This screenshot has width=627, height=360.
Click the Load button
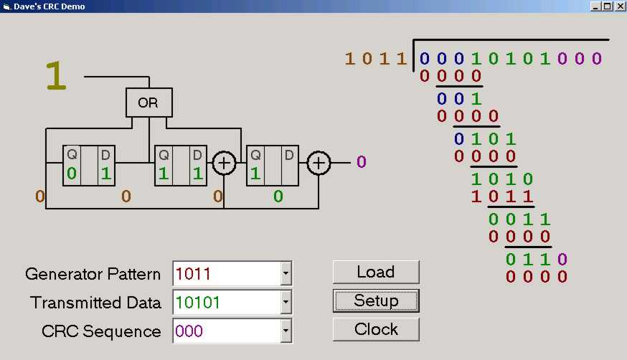pos(376,272)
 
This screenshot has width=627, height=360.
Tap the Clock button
pos(376,329)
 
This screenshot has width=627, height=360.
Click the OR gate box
pos(148,103)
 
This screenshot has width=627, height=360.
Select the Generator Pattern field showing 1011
pos(227,273)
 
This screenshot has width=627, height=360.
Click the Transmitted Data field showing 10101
pos(227,303)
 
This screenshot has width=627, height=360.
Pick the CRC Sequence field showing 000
pos(227,331)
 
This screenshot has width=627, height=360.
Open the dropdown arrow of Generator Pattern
pos(286,273)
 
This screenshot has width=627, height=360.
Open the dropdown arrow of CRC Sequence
pos(286,331)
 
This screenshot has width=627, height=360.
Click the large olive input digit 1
pos(56,77)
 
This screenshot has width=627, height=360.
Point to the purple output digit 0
pos(361,162)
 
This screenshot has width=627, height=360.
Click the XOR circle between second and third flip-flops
pos(225,164)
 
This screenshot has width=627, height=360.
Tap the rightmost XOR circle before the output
pos(319,164)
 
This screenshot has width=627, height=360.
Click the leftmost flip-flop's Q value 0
pos(72,174)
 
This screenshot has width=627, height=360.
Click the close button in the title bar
pos(620,6)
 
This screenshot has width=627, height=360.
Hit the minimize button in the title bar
pos(595,6)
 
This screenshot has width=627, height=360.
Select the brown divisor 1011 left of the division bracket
pos(376,58)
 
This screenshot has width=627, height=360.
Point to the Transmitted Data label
pos(95,303)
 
